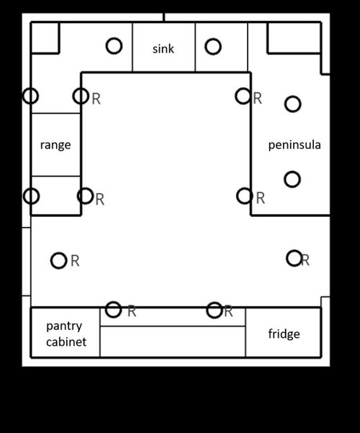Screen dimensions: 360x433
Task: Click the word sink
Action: tap(163, 49)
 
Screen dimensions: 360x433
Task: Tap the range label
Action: tap(55, 145)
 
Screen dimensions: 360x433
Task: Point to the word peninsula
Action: tap(294, 145)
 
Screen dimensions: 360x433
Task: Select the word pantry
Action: tap(64, 326)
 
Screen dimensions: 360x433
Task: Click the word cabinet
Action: tap(66, 342)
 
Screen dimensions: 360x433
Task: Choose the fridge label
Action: tap(284, 334)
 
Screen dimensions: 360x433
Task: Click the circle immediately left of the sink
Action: tap(114, 46)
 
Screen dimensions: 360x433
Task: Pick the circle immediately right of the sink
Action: tap(213, 46)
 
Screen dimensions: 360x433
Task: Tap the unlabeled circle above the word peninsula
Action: tap(292, 104)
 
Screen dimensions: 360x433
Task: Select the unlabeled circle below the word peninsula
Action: tap(292, 179)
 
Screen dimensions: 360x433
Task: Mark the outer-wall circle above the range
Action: tap(31, 96)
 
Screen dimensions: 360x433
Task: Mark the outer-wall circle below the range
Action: tap(31, 196)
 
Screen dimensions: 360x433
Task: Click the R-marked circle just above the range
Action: tap(81, 96)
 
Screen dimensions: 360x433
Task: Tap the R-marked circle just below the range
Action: tap(85, 196)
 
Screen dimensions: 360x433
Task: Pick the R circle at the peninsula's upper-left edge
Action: tap(243, 96)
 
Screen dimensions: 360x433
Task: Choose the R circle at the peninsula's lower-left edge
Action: tap(245, 196)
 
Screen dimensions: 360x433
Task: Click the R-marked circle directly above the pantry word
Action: tap(59, 260)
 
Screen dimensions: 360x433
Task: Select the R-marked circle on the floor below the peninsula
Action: tap(294, 258)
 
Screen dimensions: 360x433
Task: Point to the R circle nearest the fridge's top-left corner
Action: tap(215, 310)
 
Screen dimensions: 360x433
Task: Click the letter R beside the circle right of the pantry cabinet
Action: tap(132, 312)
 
